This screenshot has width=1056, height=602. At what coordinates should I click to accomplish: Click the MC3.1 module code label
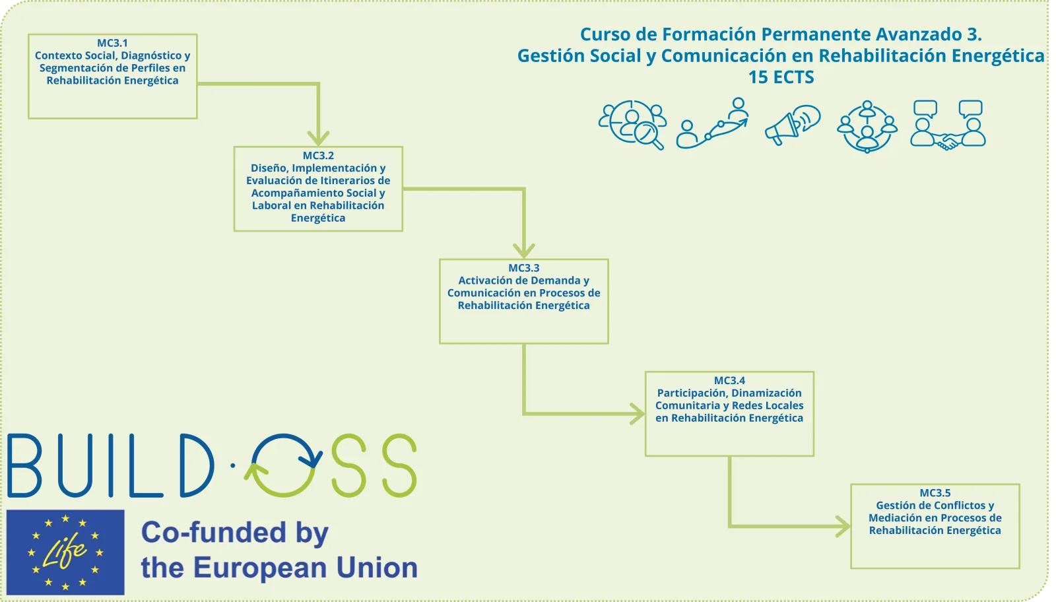coord(112,43)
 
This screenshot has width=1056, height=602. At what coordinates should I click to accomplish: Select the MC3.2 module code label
coord(318,156)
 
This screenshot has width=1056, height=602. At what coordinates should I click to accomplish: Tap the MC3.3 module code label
coord(524,268)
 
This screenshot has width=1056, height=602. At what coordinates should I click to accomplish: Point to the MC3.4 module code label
coord(729,380)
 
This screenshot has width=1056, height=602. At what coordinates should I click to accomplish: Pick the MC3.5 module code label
coord(935,492)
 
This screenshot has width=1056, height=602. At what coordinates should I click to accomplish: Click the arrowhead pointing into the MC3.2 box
coord(319,139)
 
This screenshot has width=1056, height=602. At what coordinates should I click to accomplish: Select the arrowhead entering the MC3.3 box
coord(524,251)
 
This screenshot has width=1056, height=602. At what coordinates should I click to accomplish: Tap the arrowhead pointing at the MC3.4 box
coord(638,414)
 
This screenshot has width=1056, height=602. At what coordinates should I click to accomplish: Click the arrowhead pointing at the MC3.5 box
coord(843,526)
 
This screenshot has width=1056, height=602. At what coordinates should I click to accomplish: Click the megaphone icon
coord(792,125)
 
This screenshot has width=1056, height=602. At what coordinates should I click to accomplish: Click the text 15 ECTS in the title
coord(781,77)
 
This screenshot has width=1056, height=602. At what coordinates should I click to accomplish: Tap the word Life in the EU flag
coord(65,551)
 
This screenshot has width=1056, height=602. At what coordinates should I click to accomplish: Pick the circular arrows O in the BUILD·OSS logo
coord(283,465)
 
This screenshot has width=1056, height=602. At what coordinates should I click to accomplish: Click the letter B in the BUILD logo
coord(24,465)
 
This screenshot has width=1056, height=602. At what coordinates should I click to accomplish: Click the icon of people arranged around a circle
coord(867,126)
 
